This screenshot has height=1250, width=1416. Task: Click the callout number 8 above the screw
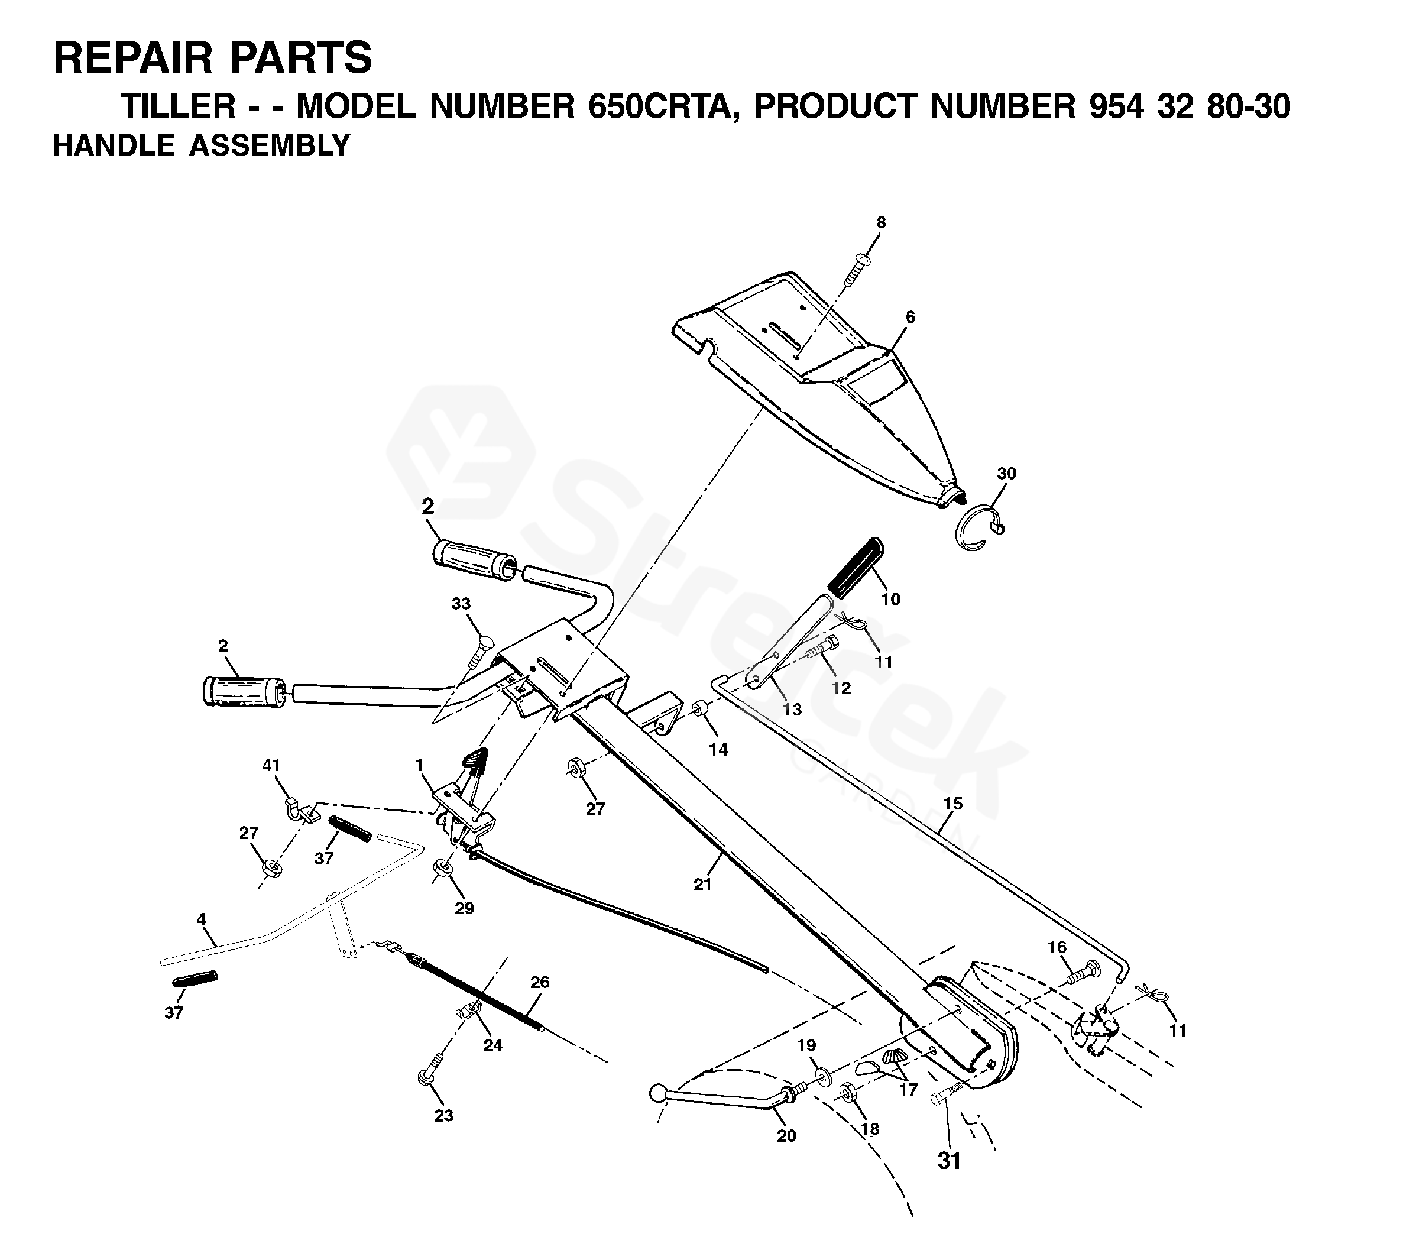[x=880, y=222]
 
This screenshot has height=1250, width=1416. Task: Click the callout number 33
[x=461, y=604]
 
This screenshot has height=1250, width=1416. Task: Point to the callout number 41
[x=271, y=765]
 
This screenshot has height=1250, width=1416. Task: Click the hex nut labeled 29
[x=440, y=870]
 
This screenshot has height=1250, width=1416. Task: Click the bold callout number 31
[x=949, y=1161]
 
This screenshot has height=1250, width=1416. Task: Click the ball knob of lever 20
[x=657, y=1093]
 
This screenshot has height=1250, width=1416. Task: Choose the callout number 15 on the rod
[x=953, y=804]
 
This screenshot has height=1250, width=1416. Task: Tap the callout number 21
[x=702, y=884]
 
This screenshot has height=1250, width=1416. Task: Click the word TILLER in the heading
[x=179, y=106]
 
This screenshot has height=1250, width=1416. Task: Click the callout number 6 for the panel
[x=909, y=317]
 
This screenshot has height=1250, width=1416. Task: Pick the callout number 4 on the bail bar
[x=201, y=919]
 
